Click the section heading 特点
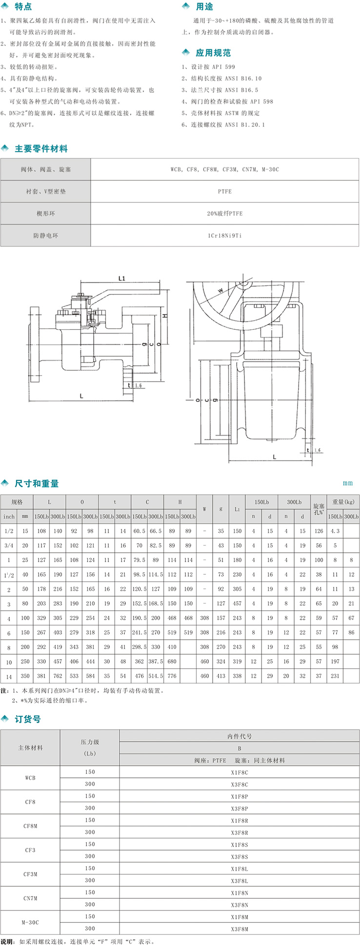coord(23,7)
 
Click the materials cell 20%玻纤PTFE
coord(224,214)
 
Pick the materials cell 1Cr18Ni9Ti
coord(224,236)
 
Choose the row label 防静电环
coord(45,236)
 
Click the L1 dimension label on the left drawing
coord(121,279)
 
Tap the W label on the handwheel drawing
coord(220,290)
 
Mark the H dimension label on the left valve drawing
coord(165,316)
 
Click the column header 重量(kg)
coord(343,502)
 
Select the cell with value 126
coord(319,531)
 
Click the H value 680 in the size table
coord(172,662)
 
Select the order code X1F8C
coord(239,772)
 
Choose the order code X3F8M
coord(239,929)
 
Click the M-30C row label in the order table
coord(30,923)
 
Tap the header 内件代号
coord(239,736)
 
